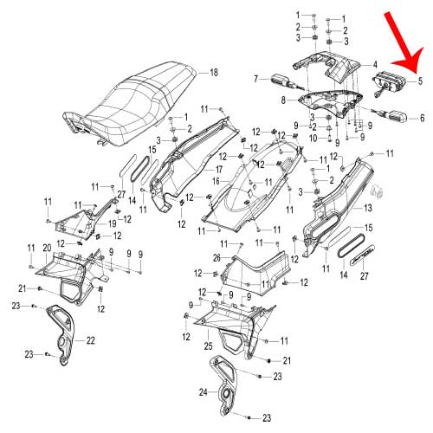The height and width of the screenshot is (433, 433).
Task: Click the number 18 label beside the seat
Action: click(x=214, y=73)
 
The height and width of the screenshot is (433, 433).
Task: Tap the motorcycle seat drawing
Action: click(x=129, y=105)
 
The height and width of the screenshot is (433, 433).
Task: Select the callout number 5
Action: click(x=420, y=81)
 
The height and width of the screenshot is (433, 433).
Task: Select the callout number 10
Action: click(x=313, y=139)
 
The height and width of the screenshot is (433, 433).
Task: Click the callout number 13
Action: click(x=367, y=208)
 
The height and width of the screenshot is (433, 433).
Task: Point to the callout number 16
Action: click(x=216, y=182)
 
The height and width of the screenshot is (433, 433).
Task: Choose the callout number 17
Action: click(x=218, y=170)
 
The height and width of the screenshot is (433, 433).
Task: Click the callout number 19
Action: click(x=112, y=223)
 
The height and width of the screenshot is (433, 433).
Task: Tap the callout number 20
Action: click(x=47, y=248)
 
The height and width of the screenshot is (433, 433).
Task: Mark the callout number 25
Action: click(x=208, y=346)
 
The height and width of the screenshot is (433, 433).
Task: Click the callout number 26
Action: click(x=216, y=258)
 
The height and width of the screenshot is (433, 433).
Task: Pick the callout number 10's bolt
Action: click(x=329, y=139)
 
